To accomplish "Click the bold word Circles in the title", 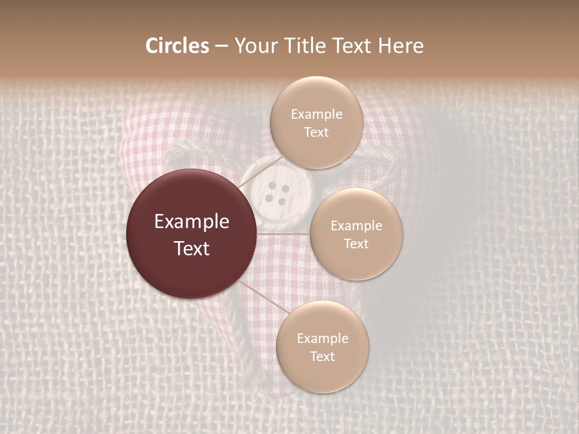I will click(177, 46).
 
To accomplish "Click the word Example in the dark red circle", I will click(192, 222).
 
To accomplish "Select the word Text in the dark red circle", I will click(192, 248).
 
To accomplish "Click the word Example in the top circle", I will click(317, 115).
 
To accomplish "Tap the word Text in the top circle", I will click(316, 132).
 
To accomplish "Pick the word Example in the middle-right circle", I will click(356, 226).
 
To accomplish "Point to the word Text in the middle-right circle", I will click(356, 244).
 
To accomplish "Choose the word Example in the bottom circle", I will click(323, 338).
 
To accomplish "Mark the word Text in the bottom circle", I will click(322, 356).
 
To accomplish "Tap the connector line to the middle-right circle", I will click(283, 234).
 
